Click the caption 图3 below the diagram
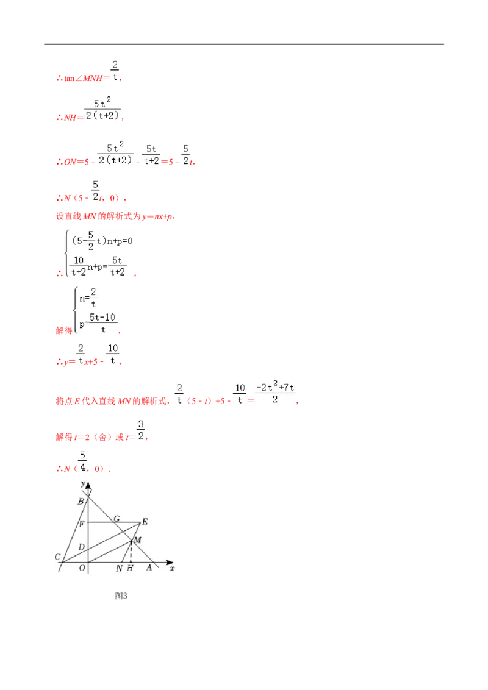(121, 596)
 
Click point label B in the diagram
(81, 501)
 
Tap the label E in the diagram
(145, 522)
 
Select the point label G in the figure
(117, 518)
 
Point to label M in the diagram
(137, 539)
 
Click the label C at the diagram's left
(57, 557)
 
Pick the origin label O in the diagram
(82, 568)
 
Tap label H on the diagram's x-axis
(130, 568)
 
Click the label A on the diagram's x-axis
(149, 567)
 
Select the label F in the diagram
(82, 524)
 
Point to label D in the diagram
(82, 547)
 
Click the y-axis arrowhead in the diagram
(88, 485)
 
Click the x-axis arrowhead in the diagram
(170, 562)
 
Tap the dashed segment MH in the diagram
(131, 552)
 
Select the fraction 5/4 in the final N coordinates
(82, 461)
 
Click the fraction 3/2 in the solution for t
(140, 430)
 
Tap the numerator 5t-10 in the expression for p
(102, 318)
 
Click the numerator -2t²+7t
(275, 386)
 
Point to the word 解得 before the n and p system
(64, 330)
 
